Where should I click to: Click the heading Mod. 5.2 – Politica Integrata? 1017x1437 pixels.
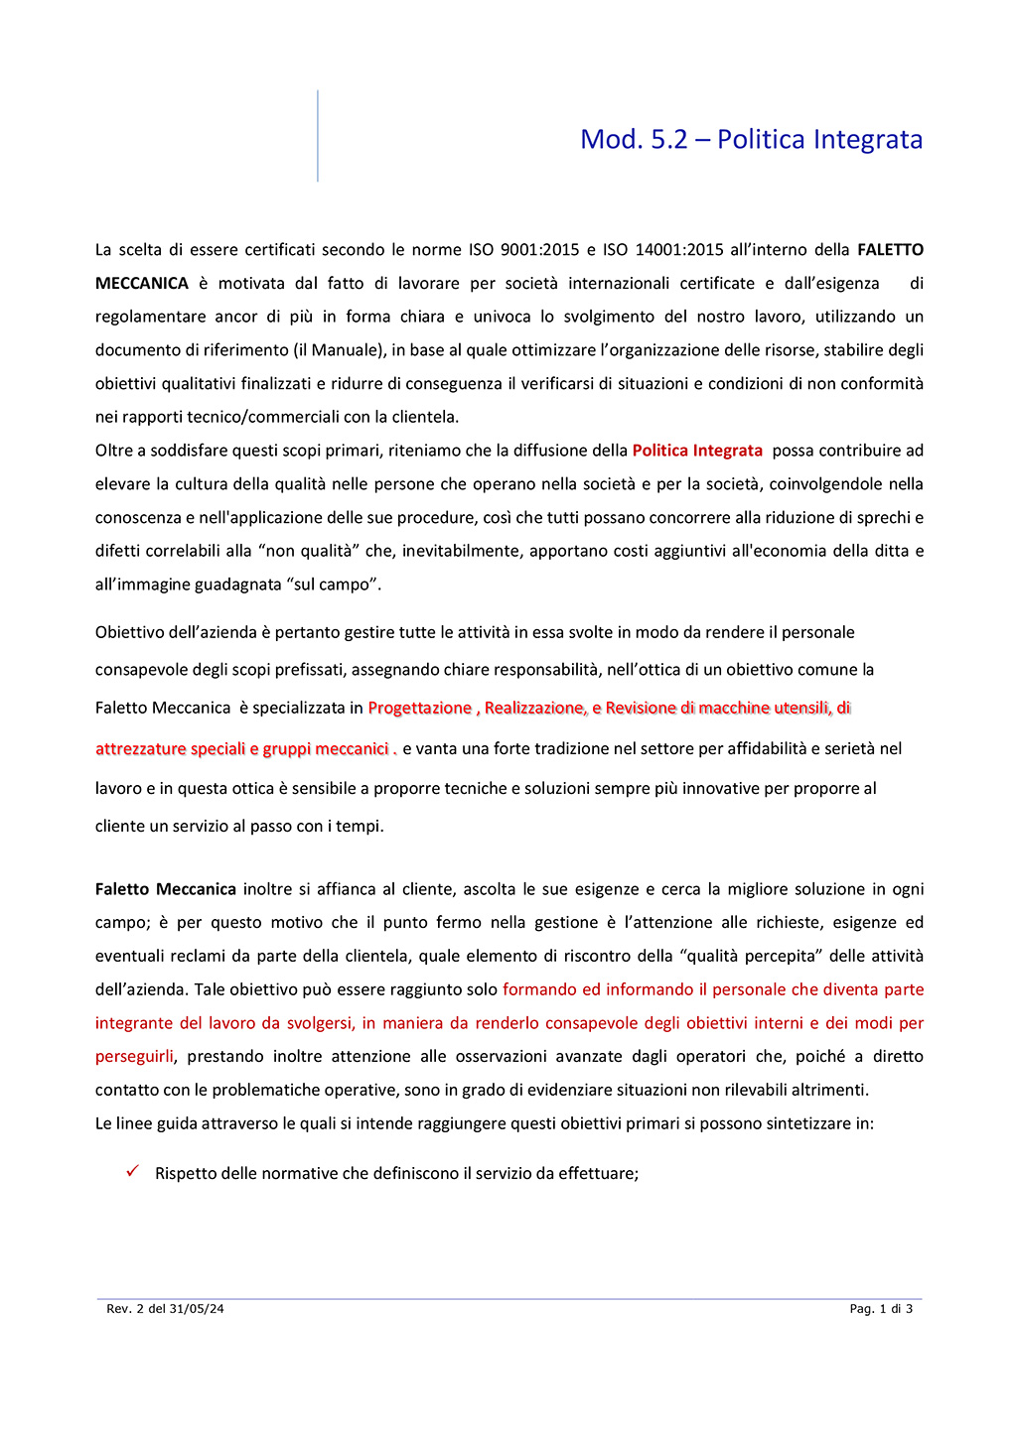[x=751, y=139]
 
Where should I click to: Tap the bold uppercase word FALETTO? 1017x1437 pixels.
[x=890, y=250]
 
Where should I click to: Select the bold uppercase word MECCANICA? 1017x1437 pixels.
[x=142, y=284]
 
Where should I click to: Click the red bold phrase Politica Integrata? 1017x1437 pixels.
[x=697, y=451]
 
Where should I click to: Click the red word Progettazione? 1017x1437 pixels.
[x=419, y=708]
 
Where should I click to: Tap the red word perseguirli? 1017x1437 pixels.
[x=134, y=1057]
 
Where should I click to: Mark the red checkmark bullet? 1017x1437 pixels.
[x=132, y=1172]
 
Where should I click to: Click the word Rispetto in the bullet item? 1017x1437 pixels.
[x=186, y=1174]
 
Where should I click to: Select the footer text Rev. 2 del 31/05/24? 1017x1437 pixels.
[x=165, y=1309]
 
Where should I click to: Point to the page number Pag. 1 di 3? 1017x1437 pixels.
[x=881, y=1309]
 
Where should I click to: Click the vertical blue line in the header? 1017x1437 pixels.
[x=318, y=136]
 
